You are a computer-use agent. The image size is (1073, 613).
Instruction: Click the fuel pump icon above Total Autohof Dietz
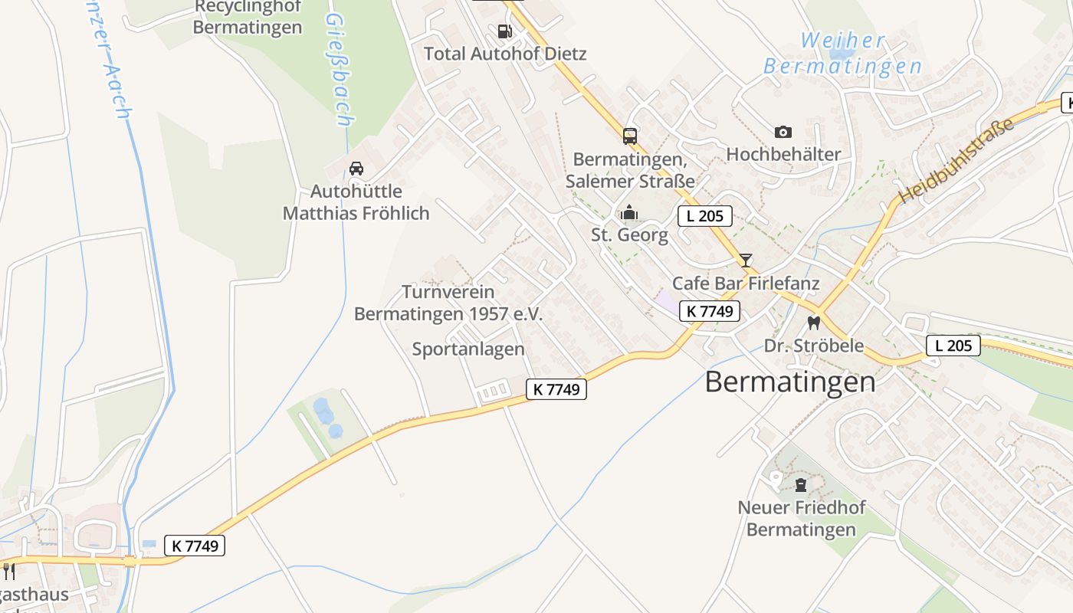pos(504,31)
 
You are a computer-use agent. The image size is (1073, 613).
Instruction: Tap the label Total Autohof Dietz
pos(505,54)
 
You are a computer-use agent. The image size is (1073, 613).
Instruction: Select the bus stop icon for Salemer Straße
pos(630,136)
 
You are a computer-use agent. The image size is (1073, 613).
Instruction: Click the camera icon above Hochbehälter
pos(783,132)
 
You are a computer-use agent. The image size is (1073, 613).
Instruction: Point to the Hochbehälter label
pos(783,154)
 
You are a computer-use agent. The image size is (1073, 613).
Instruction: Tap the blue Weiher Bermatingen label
pos(842,53)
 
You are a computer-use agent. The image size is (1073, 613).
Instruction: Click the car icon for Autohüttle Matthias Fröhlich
pos(356,169)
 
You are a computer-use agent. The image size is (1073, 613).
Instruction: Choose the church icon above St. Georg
pos(629,212)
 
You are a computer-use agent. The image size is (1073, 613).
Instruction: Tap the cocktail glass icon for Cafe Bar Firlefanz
pos(746,261)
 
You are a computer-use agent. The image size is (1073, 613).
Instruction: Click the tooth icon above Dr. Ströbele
pos(814,323)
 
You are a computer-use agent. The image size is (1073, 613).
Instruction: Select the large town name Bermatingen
pos(789,382)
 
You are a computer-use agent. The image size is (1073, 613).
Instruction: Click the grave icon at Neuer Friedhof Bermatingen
pos(801,485)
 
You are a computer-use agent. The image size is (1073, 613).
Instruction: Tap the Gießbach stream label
pos(339,69)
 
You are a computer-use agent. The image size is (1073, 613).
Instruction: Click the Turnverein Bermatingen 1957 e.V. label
pos(448,303)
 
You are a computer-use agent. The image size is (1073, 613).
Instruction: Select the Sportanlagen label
pos(468,349)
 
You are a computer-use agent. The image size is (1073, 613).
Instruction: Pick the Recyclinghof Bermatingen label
pos(248,17)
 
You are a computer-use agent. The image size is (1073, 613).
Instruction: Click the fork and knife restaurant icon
pos(8,571)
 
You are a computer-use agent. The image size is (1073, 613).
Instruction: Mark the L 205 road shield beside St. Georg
pos(704,216)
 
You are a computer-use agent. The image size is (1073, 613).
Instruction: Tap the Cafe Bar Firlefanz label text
pos(746,284)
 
